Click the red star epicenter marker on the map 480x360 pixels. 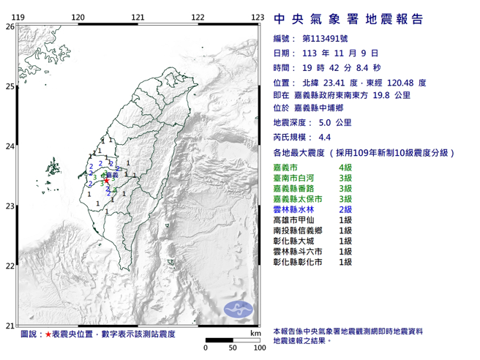click(106, 180)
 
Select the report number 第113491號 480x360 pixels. click(327, 39)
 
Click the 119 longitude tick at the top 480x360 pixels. click(20, 16)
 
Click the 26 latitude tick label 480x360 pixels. click(10, 26)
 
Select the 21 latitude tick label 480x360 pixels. click(10, 326)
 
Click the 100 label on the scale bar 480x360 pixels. click(258, 348)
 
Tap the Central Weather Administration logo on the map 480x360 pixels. click(237, 308)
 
